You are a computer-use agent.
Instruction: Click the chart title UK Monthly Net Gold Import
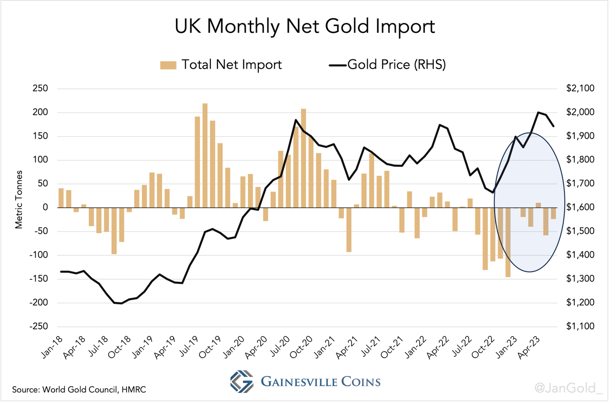click(x=304, y=27)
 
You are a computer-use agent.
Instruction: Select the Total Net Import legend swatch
click(x=168, y=65)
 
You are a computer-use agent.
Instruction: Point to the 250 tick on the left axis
click(x=42, y=89)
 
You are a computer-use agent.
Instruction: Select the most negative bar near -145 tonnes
click(x=508, y=242)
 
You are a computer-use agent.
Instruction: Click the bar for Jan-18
click(x=61, y=198)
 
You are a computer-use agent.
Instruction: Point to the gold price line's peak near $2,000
click(x=538, y=113)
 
